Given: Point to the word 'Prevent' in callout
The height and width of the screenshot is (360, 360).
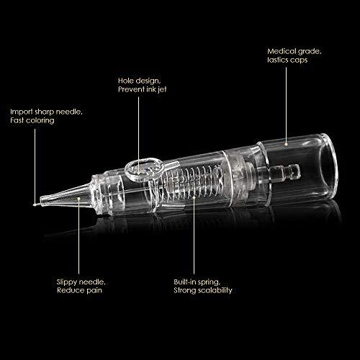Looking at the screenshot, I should tap(130, 90).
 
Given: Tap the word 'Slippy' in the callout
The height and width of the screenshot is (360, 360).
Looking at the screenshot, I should tap(67, 283).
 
